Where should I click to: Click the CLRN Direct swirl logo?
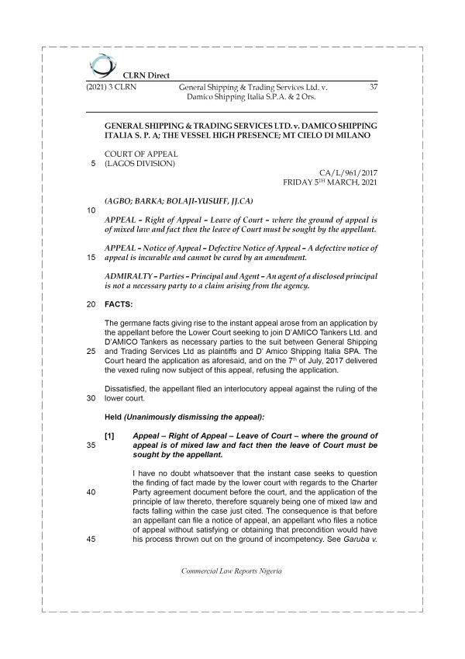[x=101, y=64]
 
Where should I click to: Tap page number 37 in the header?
[x=373, y=87]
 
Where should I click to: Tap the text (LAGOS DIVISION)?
[x=139, y=165]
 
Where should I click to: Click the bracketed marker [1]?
[x=109, y=437]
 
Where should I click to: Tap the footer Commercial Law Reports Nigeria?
[x=232, y=593]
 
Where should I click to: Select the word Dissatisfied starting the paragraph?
[x=129, y=388]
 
